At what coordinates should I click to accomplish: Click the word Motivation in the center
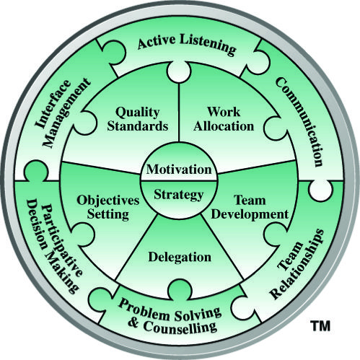(179, 170)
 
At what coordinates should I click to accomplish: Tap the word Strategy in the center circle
(179, 195)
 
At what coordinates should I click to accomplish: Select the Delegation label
(180, 257)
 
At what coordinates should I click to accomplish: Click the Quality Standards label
(138, 119)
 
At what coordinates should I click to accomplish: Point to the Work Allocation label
(224, 119)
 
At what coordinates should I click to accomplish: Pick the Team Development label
(250, 208)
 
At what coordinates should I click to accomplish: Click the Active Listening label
(186, 45)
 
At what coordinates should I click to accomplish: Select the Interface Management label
(62, 113)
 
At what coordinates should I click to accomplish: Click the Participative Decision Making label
(54, 247)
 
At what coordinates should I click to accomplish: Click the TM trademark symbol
(320, 326)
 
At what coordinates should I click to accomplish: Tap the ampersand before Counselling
(133, 322)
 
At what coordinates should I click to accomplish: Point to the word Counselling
(180, 327)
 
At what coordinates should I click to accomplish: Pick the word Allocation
(224, 126)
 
